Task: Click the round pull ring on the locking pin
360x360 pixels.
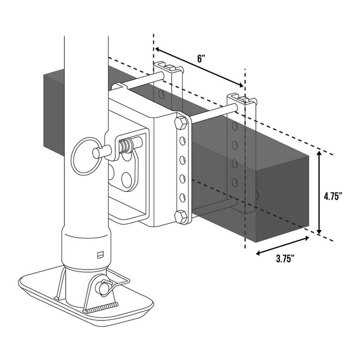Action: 85,155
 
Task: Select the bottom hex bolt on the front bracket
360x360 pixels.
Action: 181,217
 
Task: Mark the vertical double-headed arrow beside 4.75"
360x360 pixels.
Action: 319,193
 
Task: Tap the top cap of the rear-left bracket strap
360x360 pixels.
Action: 169,68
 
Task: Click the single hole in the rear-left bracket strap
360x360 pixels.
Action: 161,95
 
